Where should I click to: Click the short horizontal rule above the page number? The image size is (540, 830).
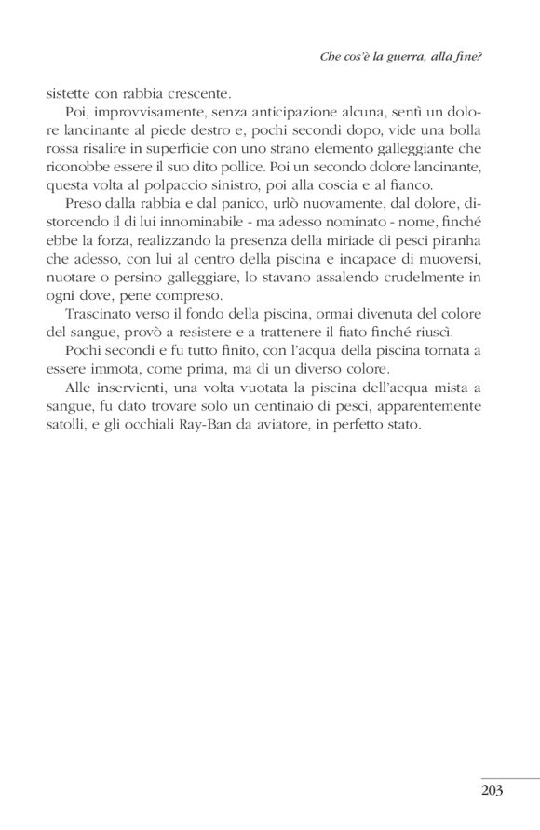pos(510,778)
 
